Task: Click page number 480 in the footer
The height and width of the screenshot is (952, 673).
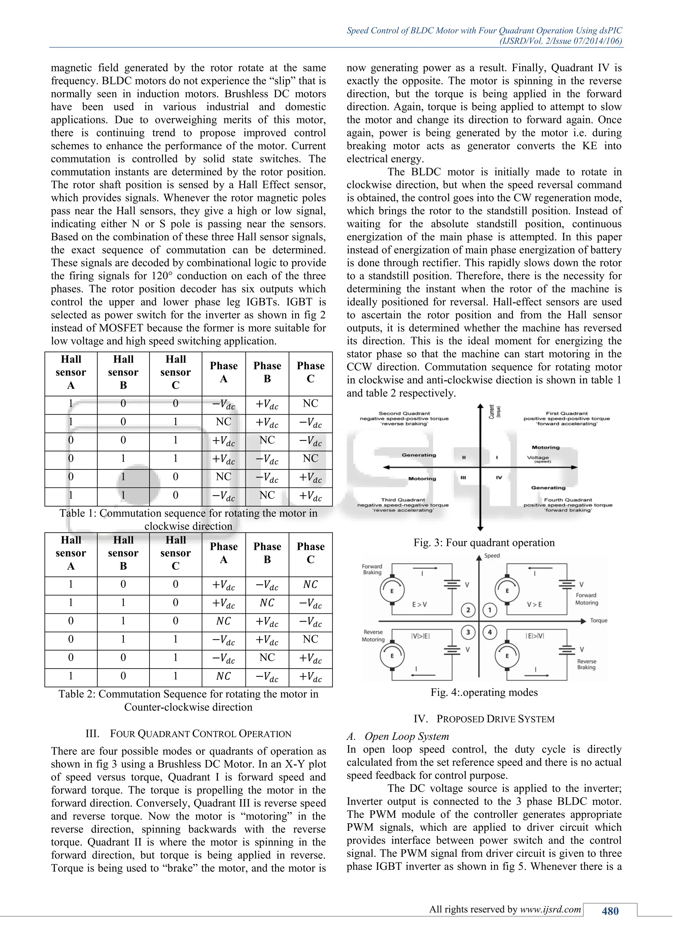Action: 610,911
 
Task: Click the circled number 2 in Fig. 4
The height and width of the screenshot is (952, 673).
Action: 468,610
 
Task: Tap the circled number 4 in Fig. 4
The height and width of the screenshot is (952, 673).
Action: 490,632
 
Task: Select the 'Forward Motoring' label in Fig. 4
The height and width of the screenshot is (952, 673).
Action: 586,599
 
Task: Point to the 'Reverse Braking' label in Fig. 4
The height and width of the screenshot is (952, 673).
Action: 586,664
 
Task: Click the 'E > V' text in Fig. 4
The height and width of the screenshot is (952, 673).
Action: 419,605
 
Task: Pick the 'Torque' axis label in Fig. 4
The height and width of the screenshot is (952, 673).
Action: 599,621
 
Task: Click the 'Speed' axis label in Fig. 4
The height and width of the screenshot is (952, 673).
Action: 492,556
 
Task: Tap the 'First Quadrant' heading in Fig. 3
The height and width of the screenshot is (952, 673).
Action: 567,414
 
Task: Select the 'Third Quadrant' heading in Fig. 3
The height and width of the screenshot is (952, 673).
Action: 403,500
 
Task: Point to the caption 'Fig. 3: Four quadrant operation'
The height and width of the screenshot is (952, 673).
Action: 484,543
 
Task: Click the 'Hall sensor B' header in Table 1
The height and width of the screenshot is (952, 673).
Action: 123,372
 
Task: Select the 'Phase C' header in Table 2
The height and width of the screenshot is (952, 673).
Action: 311,553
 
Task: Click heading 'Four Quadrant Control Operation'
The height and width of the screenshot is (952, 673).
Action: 189,734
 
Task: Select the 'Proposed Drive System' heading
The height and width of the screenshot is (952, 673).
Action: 484,719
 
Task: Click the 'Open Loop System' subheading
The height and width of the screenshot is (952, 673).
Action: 406,736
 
